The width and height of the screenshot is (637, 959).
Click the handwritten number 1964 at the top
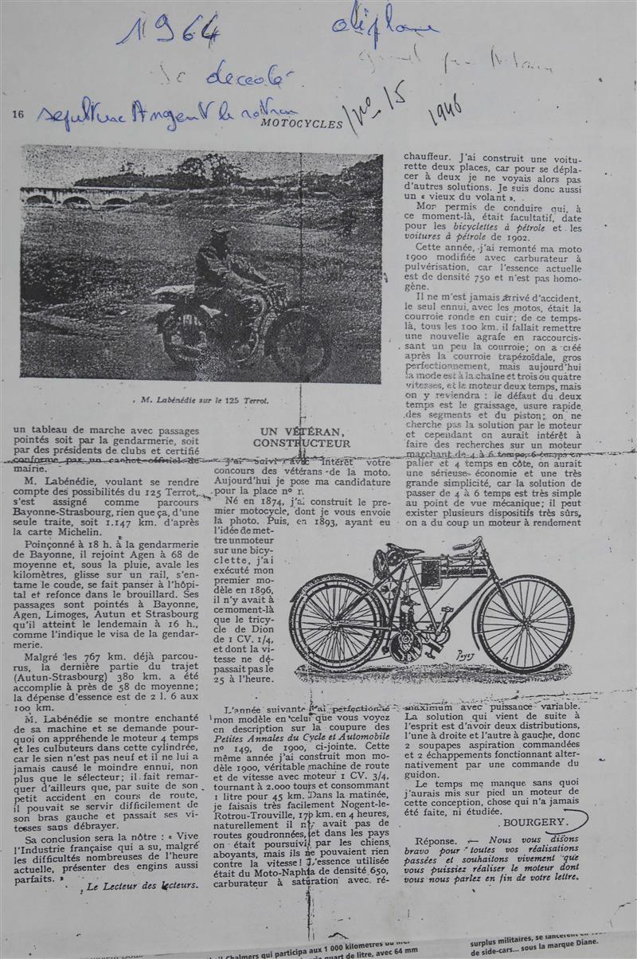click(168, 29)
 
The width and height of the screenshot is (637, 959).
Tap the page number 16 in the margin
click(18, 114)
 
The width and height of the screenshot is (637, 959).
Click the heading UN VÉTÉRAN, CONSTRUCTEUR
click(301, 437)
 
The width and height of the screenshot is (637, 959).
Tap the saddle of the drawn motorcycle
click(402, 550)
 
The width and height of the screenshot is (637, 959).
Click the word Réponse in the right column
click(436, 840)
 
